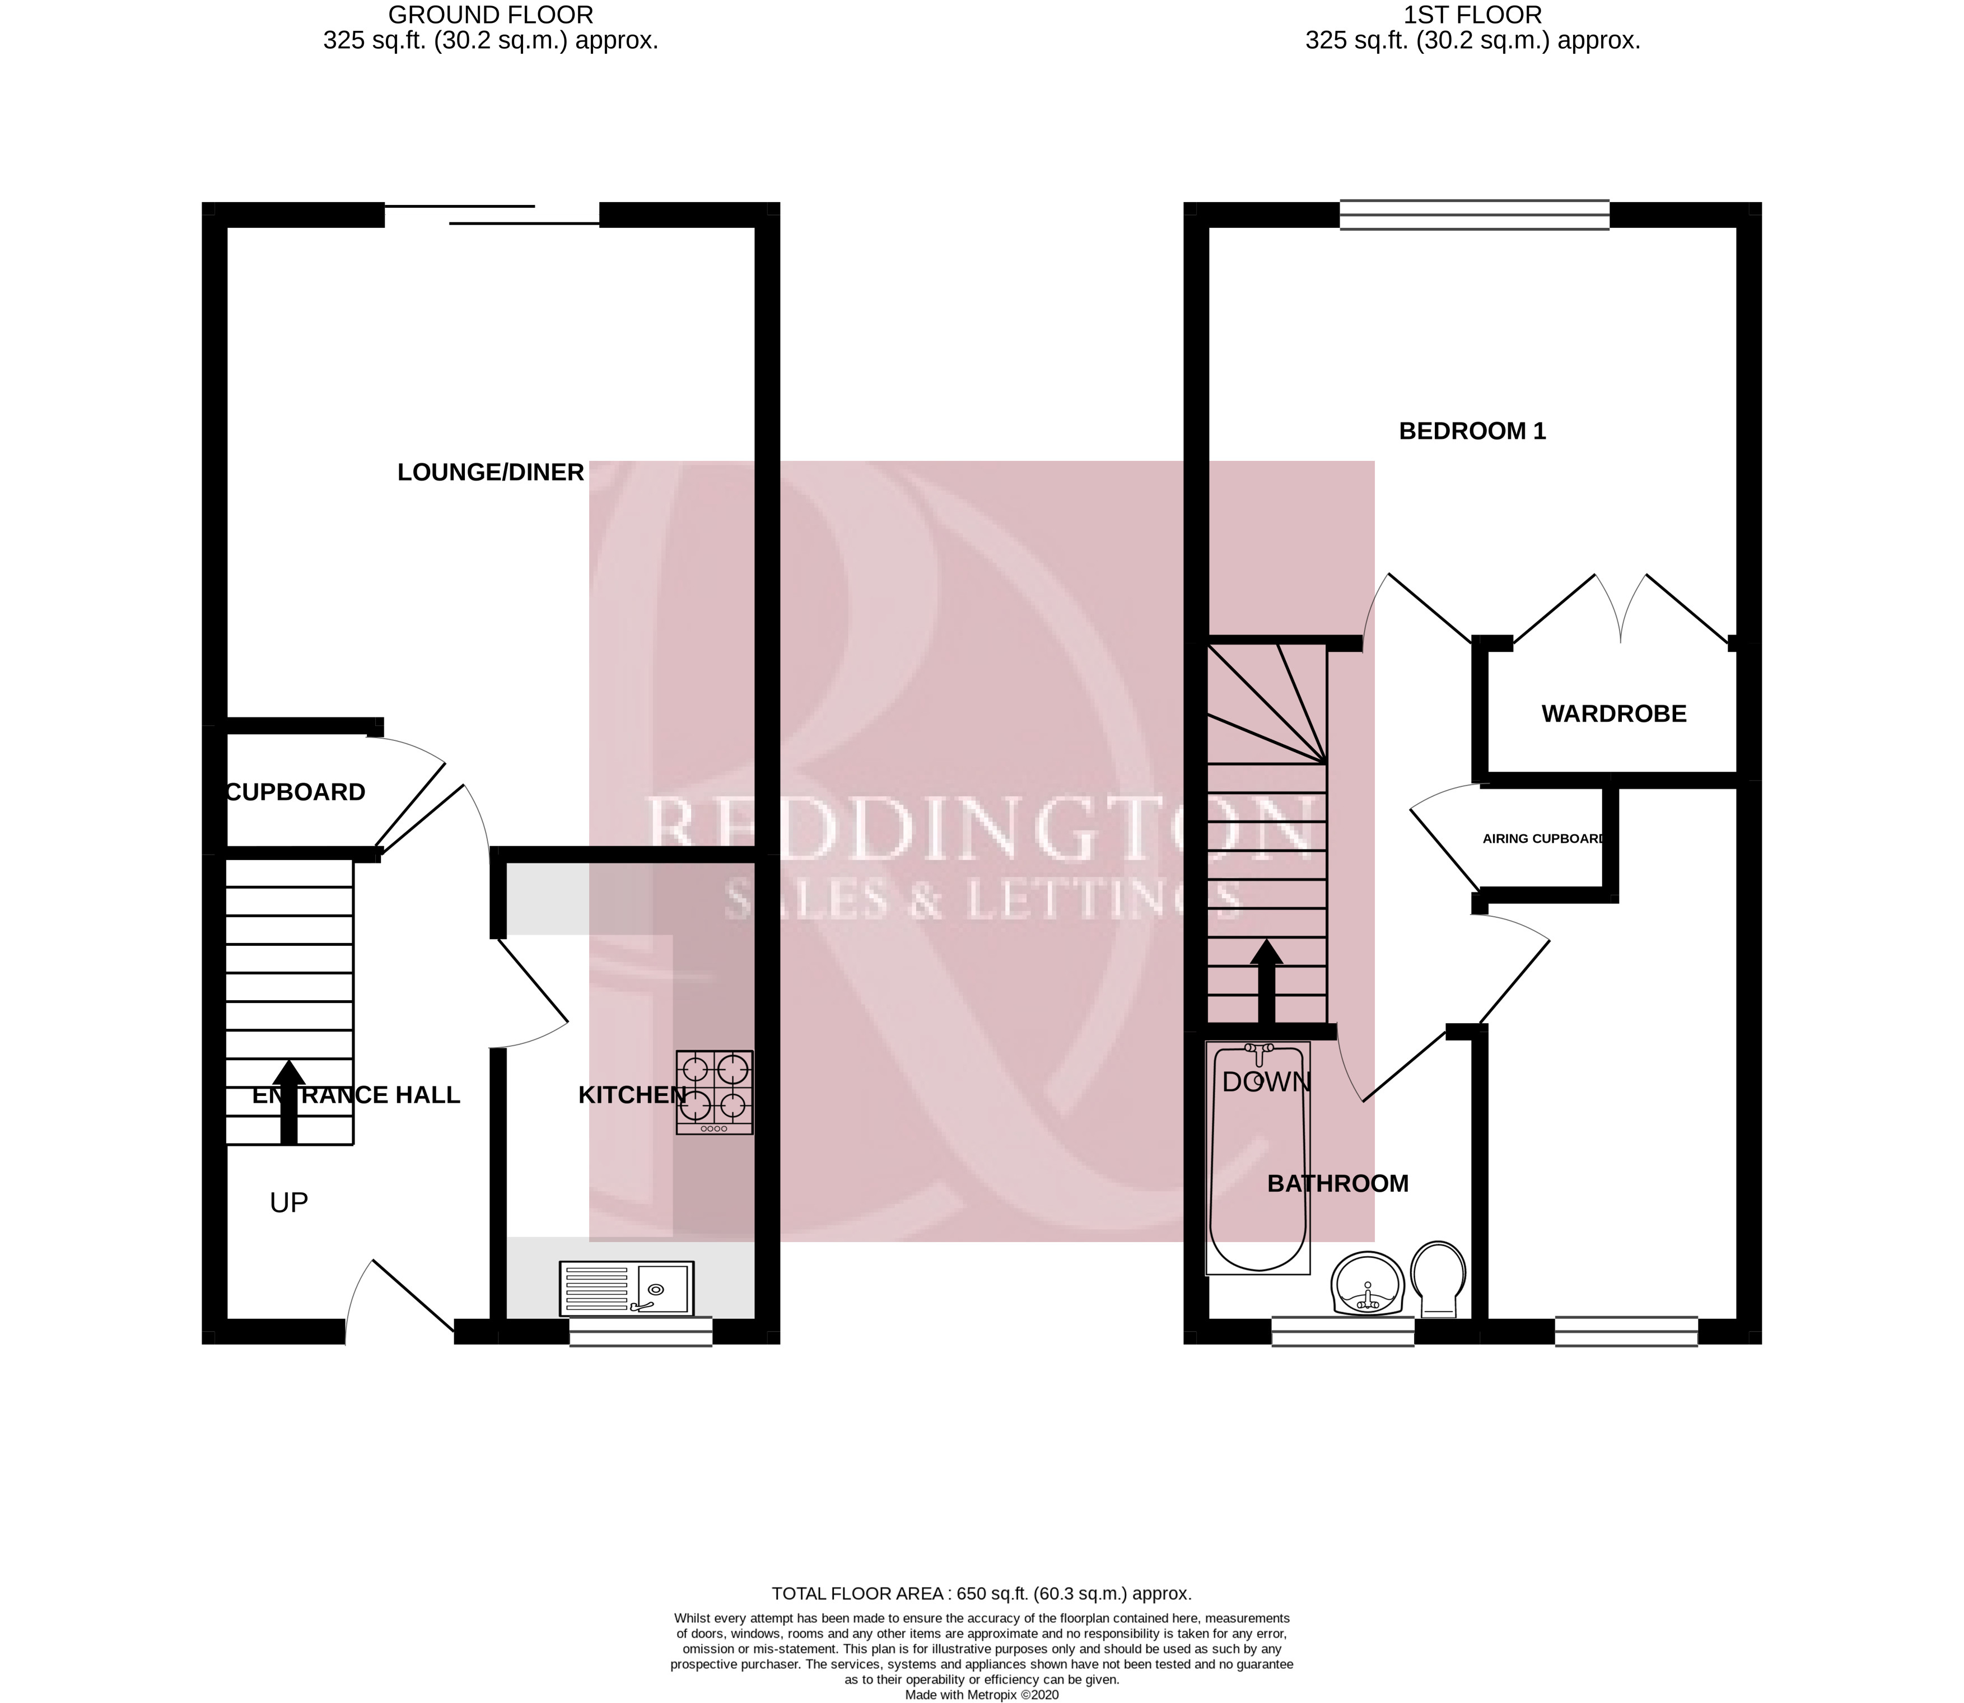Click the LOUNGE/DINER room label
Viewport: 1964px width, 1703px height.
click(490, 472)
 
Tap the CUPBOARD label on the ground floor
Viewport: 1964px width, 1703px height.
click(296, 792)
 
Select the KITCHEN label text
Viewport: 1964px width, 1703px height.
click(632, 1095)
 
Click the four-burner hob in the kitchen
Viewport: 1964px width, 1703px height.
click(715, 1092)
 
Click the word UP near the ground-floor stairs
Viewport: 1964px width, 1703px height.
click(289, 1203)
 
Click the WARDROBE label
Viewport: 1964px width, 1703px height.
click(1613, 713)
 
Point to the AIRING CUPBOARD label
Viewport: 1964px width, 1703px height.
click(1544, 839)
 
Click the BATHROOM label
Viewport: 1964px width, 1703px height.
click(1338, 1183)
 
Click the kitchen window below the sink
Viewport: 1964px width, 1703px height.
click(641, 1331)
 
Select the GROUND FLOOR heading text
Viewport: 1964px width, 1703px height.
click(491, 15)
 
